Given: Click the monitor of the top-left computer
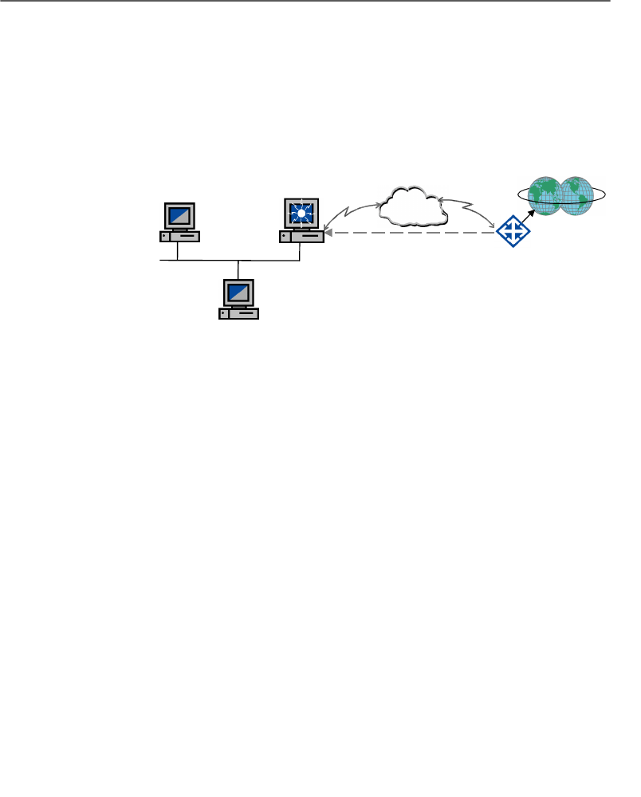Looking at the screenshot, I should (x=179, y=215).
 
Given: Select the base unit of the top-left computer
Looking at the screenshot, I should (x=179, y=236).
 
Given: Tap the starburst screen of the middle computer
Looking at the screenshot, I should (x=301, y=213).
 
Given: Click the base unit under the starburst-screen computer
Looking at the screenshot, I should (x=301, y=236).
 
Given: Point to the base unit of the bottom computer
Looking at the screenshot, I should (x=238, y=313).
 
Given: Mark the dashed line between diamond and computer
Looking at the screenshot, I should (x=415, y=234).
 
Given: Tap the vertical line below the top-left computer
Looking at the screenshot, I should (x=177, y=250).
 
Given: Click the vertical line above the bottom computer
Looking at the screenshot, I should (x=238, y=269).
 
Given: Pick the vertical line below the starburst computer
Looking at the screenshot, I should (x=300, y=251).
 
